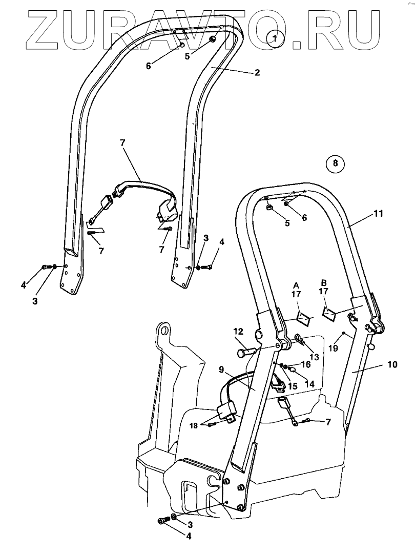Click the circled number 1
click(275, 38)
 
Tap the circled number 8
click(335, 163)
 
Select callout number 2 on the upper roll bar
click(257, 72)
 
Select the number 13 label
click(314, 357)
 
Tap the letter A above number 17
click(296, 284)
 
